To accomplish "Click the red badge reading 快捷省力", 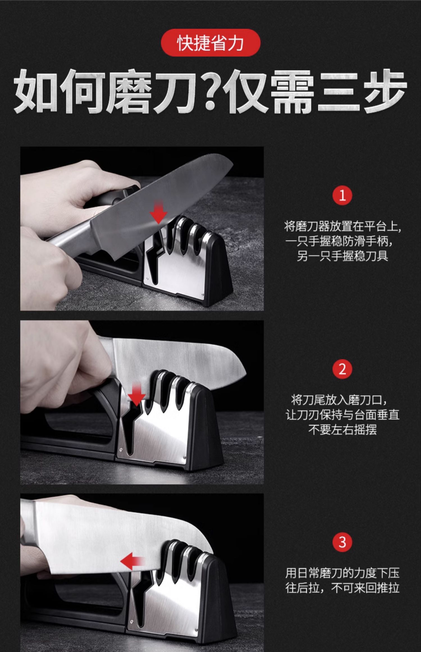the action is (x=210, y=43).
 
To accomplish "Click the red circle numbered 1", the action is (x=342, y=195).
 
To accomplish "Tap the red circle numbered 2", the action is (x=342, y=369).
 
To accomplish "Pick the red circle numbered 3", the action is (x=342, y=542).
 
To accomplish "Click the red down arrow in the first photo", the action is (x=159, y=212).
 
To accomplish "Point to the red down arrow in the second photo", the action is (x=136, y=394).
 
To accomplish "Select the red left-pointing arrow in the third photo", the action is (x=132, y=561).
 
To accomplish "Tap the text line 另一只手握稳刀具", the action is (x=342, y=256).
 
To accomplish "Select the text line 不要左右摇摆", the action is (x=342, y=429).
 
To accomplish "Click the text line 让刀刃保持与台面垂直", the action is (x=342, y=415).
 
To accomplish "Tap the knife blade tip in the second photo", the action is (x=246, y=373).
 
